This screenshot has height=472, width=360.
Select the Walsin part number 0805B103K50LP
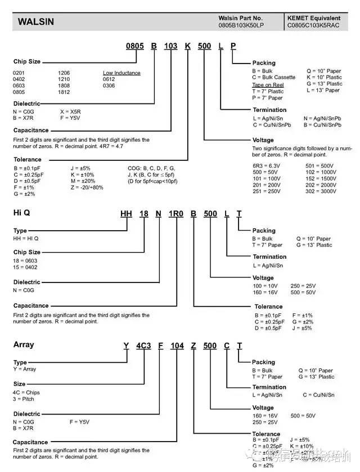(241, 26)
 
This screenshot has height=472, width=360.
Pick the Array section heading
(23, 344)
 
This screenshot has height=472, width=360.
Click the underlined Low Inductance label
(121, 73)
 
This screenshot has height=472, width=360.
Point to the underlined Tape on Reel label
(268, 84)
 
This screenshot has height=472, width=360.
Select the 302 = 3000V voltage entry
(321, 192)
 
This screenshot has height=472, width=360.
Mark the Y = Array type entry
(24, 370)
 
